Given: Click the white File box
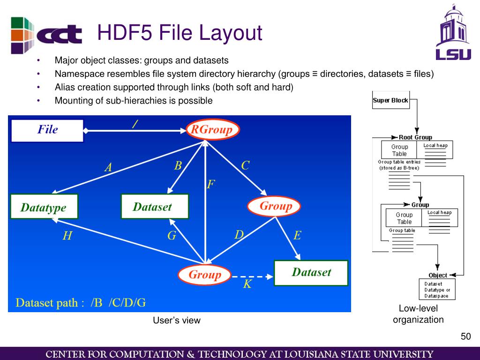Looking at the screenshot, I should [47, 130].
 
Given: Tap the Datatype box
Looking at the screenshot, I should [45, 207].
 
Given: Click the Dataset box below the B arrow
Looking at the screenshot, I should [155, 207].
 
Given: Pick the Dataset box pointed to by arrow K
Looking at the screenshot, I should [311, 272].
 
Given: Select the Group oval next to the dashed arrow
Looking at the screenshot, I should [204, 275].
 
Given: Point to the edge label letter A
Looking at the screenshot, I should [108, 167].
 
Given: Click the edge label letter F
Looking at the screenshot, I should [211, 184].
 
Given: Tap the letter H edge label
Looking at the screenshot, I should [67, 236].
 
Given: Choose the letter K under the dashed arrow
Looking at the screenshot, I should [247, 284].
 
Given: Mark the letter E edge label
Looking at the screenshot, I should [297, 235].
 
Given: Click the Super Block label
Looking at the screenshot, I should [390, 100].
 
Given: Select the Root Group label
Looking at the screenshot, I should [415, 137].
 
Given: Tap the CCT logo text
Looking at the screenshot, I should [60, 35].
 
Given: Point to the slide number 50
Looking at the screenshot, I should [465, 337].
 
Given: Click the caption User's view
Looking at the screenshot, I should [177, 321].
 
